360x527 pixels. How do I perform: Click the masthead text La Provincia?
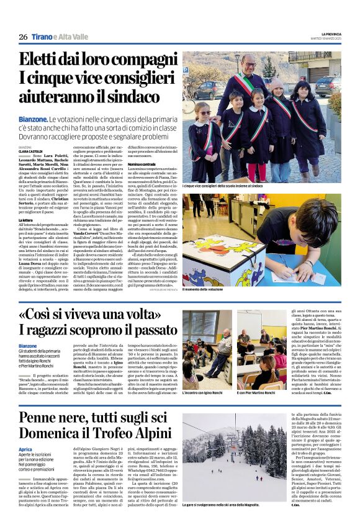[326, 34]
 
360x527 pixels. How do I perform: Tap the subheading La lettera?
[26, 220]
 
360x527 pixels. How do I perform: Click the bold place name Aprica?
[25, 449]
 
